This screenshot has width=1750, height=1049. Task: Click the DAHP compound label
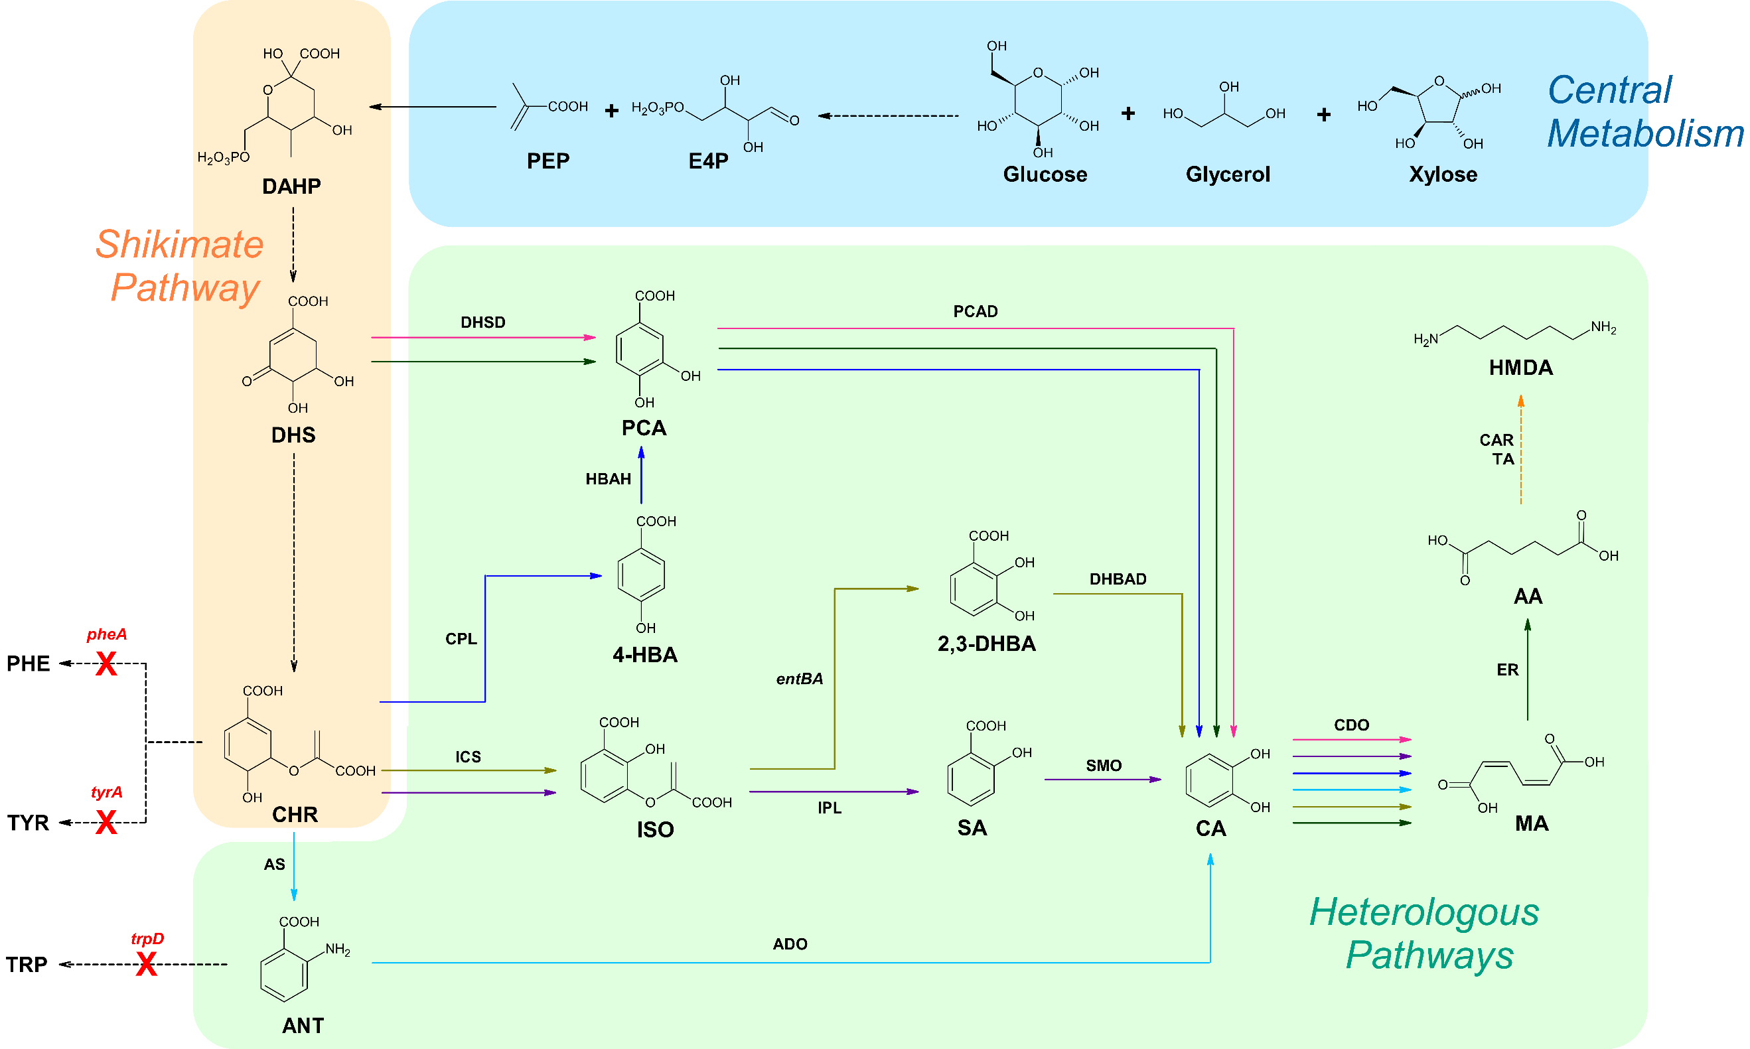291,186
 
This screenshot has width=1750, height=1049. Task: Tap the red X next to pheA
106,664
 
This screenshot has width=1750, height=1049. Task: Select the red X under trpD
146,964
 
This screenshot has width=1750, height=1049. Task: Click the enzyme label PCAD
976,312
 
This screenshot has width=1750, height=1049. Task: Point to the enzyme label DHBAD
1118,580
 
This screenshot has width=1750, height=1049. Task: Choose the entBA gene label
800,679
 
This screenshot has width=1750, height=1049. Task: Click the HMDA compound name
1521,368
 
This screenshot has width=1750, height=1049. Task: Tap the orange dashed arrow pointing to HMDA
1521,450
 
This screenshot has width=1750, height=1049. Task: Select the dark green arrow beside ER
1528,670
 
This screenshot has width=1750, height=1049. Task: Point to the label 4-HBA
645,656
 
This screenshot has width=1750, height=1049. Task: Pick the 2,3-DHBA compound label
987,644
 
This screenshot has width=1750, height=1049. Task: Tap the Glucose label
1045,175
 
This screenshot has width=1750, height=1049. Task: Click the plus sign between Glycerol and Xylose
1324,115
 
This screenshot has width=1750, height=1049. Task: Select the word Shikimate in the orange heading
180,245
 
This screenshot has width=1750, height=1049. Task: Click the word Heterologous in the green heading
1424,912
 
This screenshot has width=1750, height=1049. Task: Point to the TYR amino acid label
29,823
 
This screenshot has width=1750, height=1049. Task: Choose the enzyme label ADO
790,944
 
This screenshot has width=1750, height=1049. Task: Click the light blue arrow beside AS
294,867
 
